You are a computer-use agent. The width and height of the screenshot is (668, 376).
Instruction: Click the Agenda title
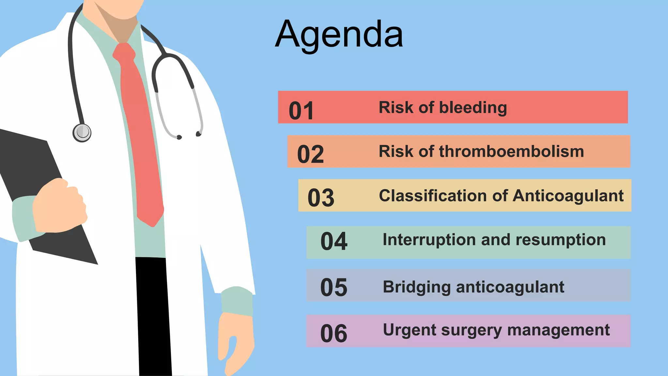point(339,34)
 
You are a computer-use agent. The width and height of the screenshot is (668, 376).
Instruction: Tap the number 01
point(301,111)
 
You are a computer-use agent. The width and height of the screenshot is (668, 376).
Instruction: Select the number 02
point(311,154)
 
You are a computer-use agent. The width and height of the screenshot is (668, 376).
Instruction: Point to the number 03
point(321,198)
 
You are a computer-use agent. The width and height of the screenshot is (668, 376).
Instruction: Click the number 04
point(334,242)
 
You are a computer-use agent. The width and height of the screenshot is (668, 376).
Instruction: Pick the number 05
point(334,288)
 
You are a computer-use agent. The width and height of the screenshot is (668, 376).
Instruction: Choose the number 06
point(334,334)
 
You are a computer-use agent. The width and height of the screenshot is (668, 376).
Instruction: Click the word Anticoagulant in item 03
point(568,196)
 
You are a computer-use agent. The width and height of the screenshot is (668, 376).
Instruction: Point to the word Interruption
point(429,240)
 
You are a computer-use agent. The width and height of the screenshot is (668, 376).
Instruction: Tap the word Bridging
point(417,288)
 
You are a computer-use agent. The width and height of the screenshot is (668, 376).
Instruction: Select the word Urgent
point(410,330)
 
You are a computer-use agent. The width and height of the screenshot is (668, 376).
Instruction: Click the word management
point(558,330)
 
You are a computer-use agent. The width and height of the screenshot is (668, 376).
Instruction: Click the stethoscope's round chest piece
point(82,133)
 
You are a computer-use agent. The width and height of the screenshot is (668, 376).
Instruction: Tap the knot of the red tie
point(124,53)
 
